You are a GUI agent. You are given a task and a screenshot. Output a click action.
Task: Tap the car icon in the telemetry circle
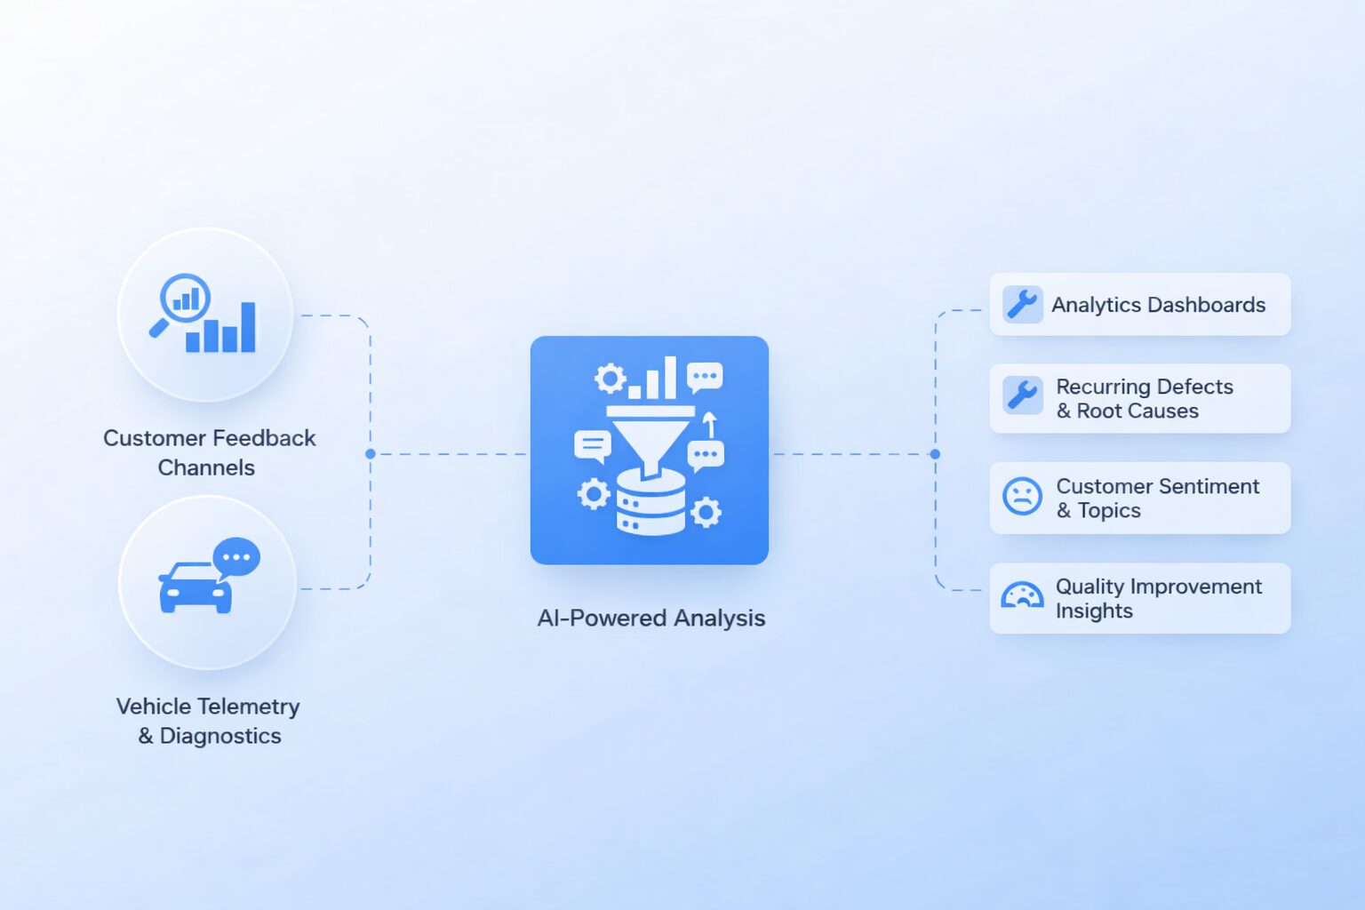(x=195, y=587)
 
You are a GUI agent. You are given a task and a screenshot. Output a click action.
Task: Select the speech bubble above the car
(x=236, y=559)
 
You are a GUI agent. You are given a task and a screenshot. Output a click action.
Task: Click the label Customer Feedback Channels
(x=209, y=453)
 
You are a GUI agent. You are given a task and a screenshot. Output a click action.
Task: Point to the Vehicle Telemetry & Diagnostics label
(x=209, y=721)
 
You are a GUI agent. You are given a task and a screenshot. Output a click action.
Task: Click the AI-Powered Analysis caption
(x=651, y=618)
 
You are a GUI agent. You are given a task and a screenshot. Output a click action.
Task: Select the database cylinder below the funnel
(x=651, y=502)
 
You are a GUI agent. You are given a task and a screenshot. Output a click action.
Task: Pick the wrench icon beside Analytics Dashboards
(x=1023, y=304)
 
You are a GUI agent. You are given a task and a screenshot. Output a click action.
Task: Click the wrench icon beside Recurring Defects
(x=1023, y=395)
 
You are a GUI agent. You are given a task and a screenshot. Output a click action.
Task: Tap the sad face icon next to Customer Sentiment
(x=1022, y=496)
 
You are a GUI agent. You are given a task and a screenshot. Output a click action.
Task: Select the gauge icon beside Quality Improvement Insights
(x=1022, y=595)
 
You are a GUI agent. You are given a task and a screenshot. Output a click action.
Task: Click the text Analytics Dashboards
(x=1159, y=305)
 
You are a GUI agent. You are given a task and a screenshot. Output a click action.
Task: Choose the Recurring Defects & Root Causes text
(x=1145, y=399)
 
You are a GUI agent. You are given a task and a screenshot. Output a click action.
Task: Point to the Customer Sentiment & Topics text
(x=1157, y=498)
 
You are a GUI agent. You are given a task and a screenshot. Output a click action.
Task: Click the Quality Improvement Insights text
(x=1159, y=598)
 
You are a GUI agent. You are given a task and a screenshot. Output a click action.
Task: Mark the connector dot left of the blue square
(x=370, y=453)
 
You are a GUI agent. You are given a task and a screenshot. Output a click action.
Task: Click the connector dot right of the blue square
(x=936, y=453)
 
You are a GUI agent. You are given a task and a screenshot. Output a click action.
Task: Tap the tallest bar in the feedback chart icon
(x=248, y=327)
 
